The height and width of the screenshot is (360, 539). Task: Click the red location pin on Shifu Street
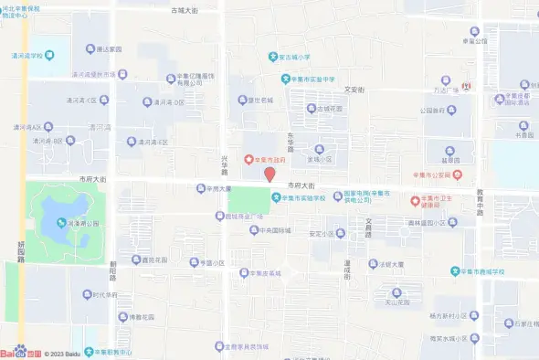pyautogui.click(x=269, y=175)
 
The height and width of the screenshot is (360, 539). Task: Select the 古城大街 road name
pyautogui.click(x=185, y=10)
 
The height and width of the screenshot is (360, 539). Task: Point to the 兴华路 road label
pyautogui.click(x=225, y=164)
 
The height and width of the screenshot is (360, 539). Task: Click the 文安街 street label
pyautogui.click(x=354, y=90)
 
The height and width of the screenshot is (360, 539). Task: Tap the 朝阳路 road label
pyautogui.click(x=113, y=271)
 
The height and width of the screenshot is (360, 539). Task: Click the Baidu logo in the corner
pyautogui.click(x=18, y=352)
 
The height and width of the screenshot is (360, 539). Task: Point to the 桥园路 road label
pyautogui.click(x=20, y=251)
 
